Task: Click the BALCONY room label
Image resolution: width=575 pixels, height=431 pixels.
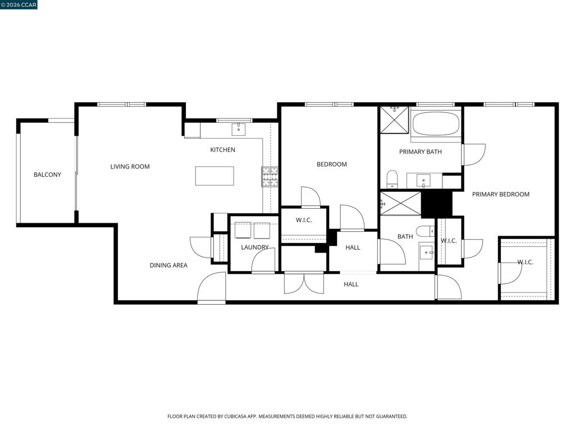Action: point(47,175)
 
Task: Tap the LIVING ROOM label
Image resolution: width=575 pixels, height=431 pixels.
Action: point(130,167)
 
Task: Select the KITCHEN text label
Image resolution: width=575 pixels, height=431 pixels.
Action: point(222,150)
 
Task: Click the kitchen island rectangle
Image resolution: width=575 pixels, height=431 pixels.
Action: point(215,176)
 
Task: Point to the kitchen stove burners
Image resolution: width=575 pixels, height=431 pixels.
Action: point(270,177)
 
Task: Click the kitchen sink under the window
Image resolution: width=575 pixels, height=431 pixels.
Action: point(238,130)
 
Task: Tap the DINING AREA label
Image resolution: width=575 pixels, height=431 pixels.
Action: point(168,265)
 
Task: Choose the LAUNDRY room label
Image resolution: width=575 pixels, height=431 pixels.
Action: point(255,247)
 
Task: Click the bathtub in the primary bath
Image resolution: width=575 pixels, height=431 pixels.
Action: point(436,123)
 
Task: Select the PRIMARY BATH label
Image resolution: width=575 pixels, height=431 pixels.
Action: point(420,152)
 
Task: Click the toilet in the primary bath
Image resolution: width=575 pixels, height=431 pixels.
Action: point(392,179)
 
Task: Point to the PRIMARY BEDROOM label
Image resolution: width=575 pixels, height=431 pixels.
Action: point(500,194)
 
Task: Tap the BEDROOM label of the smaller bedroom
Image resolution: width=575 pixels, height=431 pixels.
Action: point(331,164)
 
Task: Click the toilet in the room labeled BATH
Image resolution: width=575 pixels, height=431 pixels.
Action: point(426,231)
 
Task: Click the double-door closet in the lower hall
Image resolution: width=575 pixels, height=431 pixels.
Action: point(304,283)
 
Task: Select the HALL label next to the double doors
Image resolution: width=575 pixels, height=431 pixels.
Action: point(351,284)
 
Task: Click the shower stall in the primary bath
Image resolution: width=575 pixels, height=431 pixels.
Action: point(394,120)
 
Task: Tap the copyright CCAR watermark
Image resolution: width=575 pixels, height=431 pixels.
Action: point(19,4)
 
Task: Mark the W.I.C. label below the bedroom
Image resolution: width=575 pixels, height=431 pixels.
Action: point(304,220)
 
